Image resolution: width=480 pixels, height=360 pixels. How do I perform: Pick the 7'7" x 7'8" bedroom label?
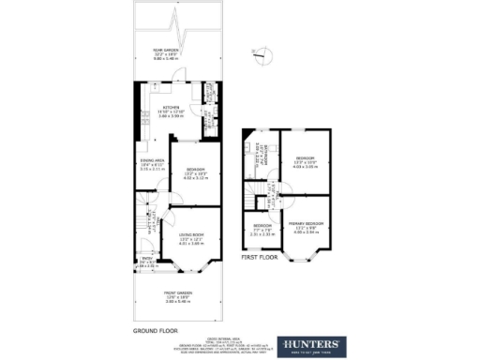(263, 229)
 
